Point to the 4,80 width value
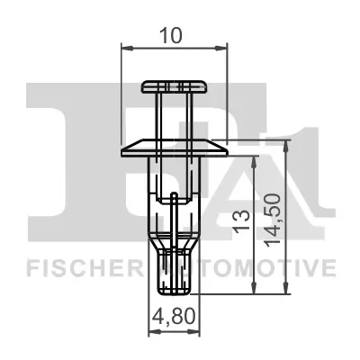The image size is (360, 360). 172,316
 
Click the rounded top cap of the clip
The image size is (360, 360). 174,86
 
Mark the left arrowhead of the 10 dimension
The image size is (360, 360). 124,48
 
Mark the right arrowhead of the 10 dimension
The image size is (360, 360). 222,48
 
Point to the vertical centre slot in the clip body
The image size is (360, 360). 174,216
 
